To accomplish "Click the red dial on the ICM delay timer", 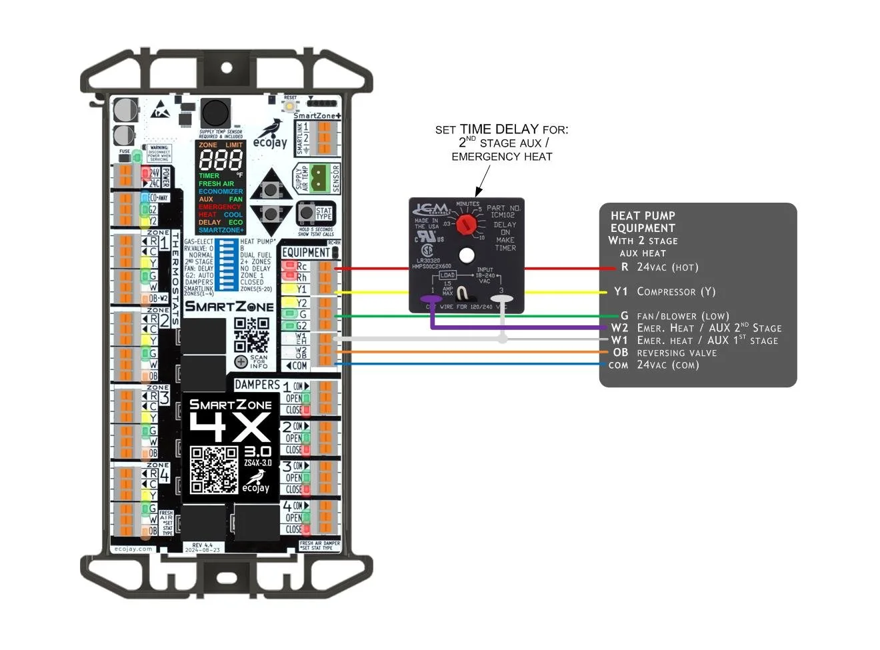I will (x=467, y=222).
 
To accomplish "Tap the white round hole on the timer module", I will (x=467, y=255).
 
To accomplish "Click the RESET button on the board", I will (x=291, y=105).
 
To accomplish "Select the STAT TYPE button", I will (x=306, y=213).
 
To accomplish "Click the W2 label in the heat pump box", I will (x=619, y=328).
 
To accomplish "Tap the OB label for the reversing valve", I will (x=620, y=353).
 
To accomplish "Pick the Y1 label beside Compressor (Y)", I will (x=621, y=291).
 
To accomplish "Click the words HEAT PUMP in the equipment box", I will (x=643, y=216).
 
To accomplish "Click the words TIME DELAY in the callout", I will (x=499, y=129).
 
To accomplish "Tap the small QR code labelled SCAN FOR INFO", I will (x=251, y=335).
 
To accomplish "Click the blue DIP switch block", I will (x=227, y=265).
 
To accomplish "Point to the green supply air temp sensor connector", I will (x=319, y=178).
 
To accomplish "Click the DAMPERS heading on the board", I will (x=257, y=385).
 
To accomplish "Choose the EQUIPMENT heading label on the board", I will (x=305, y=253).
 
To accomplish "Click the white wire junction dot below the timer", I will (x=503, y=339).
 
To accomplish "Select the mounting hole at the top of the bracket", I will (x=227, y=68).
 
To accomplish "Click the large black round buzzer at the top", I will (x=215, y=112).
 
